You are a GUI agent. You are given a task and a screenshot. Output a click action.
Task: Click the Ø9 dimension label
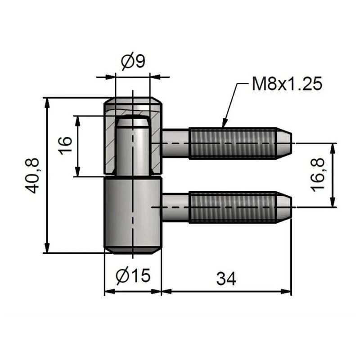[x=134, y=61]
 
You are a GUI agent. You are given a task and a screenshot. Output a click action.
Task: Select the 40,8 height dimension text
[x=33, y=175]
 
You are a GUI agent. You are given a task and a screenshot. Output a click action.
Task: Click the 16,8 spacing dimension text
[x=318, y=175]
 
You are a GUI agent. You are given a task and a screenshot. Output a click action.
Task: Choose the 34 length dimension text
[x=226, y=279]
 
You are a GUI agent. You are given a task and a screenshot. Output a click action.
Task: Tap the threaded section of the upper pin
[x=232, y=143]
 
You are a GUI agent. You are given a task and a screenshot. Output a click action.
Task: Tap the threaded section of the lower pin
[x=232, y=207]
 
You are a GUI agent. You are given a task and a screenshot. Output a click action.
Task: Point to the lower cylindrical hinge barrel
[x=133, y=214]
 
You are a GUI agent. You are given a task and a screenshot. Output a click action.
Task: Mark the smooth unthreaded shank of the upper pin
[x=175, y=143]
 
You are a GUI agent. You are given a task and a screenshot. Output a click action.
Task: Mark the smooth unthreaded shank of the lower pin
[x=175, y=207]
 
